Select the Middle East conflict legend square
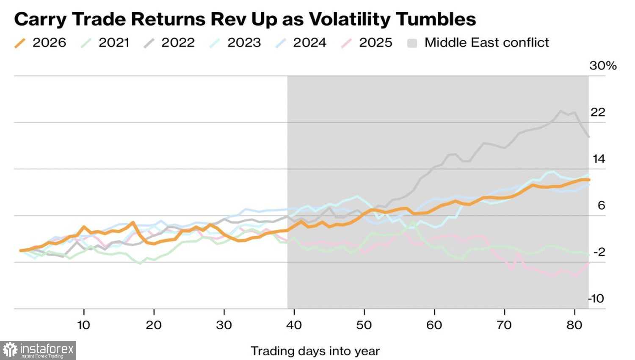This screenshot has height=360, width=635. (x=412, y=43)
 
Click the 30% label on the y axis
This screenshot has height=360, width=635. (x=603, y=66)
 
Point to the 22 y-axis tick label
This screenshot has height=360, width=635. (x=598, y=112)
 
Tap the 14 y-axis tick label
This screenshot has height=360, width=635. (x=599, y=159)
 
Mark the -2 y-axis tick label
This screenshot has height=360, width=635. (x=599, y=252)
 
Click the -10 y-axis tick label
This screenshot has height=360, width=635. (x=596, y=299)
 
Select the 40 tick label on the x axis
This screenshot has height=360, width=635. (x=294, y=325)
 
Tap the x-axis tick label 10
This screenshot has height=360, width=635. (x=84, y=325)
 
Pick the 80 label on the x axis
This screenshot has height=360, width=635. (x=574, y=325)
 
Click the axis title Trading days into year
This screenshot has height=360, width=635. (x=315, y=351)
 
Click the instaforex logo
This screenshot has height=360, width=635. (x=38, y=350)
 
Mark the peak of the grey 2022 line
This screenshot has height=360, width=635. (x=560, y=111)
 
